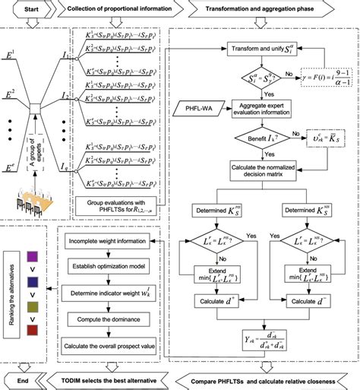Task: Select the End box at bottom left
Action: (24, 379)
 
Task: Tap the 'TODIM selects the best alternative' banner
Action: (114, 379)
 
